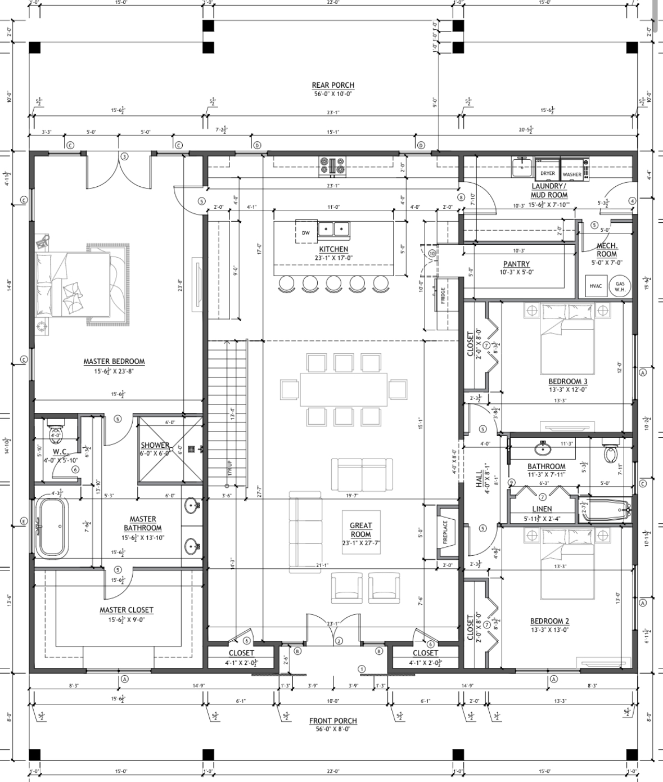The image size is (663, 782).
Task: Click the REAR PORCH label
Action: (x=333, y=86)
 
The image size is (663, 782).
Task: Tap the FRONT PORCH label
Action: (x=333, y=721)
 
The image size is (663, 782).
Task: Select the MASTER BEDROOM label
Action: (x=114, y=362)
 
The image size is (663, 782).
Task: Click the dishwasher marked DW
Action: (x=306, y=232)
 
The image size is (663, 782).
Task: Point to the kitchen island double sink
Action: (x=333, y=229)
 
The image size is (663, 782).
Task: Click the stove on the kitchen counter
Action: (x=332, y=165)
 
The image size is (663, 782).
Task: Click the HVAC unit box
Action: (x=596, y=286)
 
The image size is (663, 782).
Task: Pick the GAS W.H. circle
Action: (x=620, y=287)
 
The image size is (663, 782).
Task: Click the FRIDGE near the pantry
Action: (x=444, y=294)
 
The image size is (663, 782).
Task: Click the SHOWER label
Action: (x=155, y=445)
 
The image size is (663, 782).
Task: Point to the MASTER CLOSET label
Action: (x=127, y=610)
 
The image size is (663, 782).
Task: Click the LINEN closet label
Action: (x=542, y=509)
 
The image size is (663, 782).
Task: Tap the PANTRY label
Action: (x=516, y=264)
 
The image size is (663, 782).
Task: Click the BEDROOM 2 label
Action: (x=549, y=621)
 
